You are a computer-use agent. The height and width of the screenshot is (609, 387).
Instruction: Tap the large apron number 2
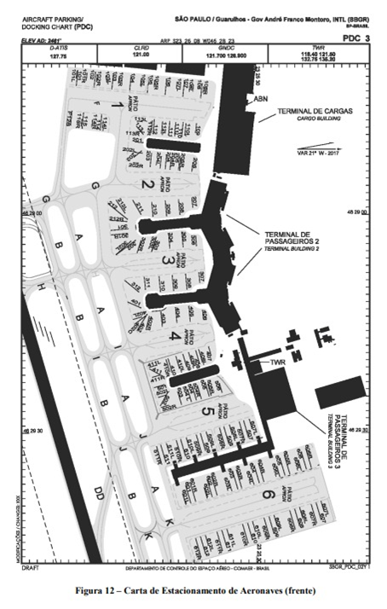[x=146, y=184]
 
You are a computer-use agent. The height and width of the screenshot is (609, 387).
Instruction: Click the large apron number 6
[x=267, y=494]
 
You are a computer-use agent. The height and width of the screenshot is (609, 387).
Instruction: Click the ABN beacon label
[x=261, y=99]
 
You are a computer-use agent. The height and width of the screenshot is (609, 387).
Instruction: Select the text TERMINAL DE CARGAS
[x=310, y=112]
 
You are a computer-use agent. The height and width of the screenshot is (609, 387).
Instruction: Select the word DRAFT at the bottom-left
[x=32, y=566]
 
